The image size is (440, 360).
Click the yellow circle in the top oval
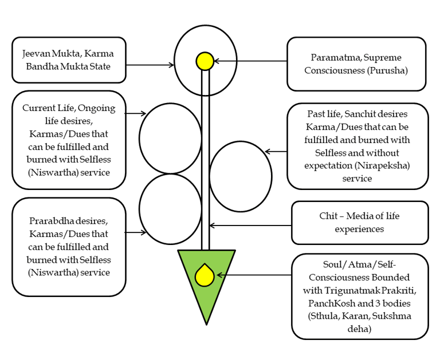click(x=205, y=61)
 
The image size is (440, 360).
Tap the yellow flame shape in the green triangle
click(x=205, y=275)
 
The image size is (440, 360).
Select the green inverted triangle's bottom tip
click(x=206, y=323)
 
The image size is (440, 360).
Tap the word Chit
click(x=330, y=216)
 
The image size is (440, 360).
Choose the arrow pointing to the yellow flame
click(x=252, y=275)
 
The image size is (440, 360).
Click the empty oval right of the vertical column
click(x=241, y=176)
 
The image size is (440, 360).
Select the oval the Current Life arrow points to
click(x=170, y=138)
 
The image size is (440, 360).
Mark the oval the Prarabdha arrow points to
click(x=170, y=209)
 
